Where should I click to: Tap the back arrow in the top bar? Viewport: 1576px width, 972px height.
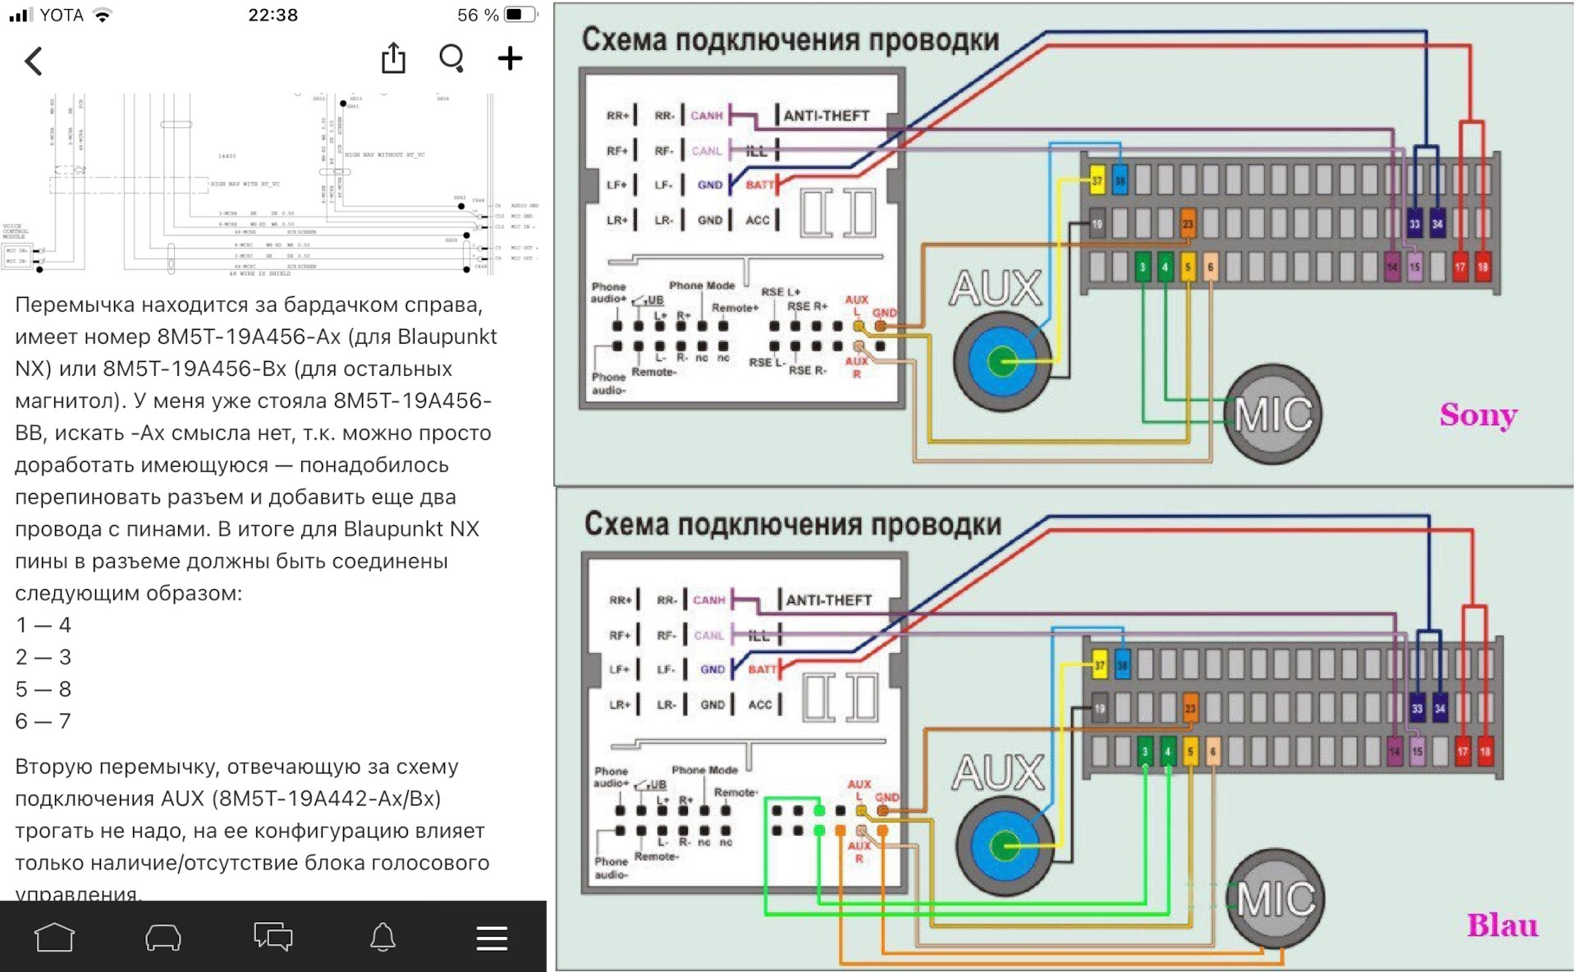34,61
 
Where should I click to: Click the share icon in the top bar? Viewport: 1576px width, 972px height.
393,58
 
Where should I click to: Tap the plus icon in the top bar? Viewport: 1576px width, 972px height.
510,58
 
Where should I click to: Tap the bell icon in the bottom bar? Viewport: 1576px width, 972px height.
383,937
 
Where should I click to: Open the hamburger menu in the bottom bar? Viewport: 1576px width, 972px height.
492,938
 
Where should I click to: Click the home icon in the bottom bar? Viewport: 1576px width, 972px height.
54,937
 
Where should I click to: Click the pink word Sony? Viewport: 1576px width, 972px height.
1477,415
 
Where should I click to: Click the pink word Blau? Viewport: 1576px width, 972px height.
1502,925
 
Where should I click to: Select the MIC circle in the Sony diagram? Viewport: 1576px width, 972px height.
1273,414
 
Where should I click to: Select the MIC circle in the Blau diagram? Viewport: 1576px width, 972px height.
1276,899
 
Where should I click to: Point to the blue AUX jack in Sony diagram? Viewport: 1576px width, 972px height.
1001,361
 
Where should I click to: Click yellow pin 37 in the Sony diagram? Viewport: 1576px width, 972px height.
1097,180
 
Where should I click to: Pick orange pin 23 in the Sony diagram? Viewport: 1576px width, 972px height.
1187,223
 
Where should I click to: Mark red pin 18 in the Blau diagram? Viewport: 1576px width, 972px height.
1485,751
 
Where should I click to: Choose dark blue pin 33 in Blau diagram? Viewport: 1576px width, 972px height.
1417,709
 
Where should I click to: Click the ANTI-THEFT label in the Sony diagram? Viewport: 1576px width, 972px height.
826,116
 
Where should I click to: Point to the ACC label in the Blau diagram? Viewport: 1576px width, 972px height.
760,705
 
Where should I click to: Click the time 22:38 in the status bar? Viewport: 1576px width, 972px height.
273,15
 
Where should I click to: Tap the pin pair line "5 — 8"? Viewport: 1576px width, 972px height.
44,689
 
